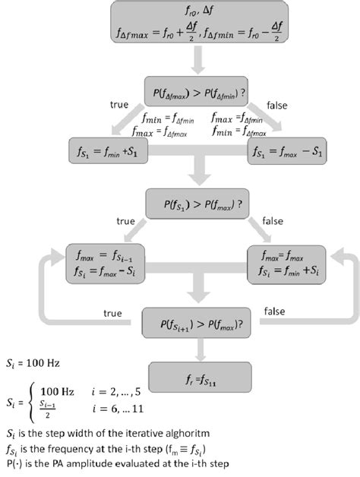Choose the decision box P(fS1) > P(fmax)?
tap(197, 204)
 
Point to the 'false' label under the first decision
tap(277, 106)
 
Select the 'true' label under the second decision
tap(125, 221)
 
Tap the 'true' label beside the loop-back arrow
tap(112, 312)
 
